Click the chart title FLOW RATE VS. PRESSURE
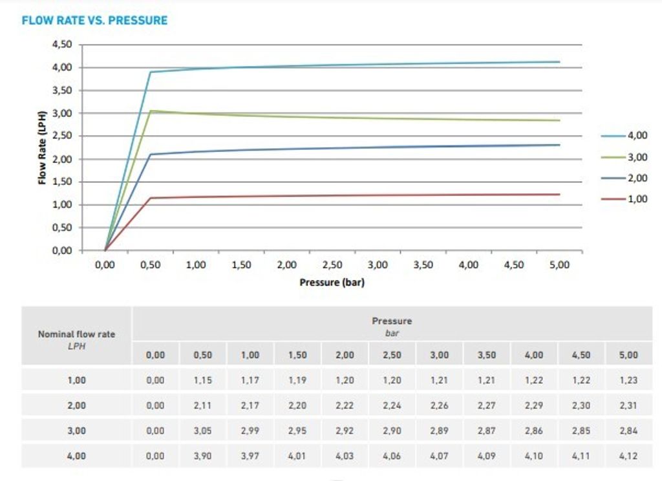(x=94, y=21)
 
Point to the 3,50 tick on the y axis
(x=63, y=91)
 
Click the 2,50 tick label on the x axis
(x=332, y=265)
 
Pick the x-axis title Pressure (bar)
(x=332, y=283)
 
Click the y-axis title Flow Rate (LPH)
(x=43, y=148)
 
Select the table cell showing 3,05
(x=203, y=431)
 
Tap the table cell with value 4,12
(x=628, y=456)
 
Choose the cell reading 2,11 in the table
(x=203, y=405)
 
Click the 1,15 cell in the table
(x=203, y=380)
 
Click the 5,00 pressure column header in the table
(x=628, y=355)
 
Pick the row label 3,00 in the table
(x=76, y=431)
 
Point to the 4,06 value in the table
(x=392, y=456)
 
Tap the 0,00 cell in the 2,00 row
(x=155, y=405)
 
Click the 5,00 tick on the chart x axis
(x=559, y=265)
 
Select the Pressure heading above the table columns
(x=392, y=321)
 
